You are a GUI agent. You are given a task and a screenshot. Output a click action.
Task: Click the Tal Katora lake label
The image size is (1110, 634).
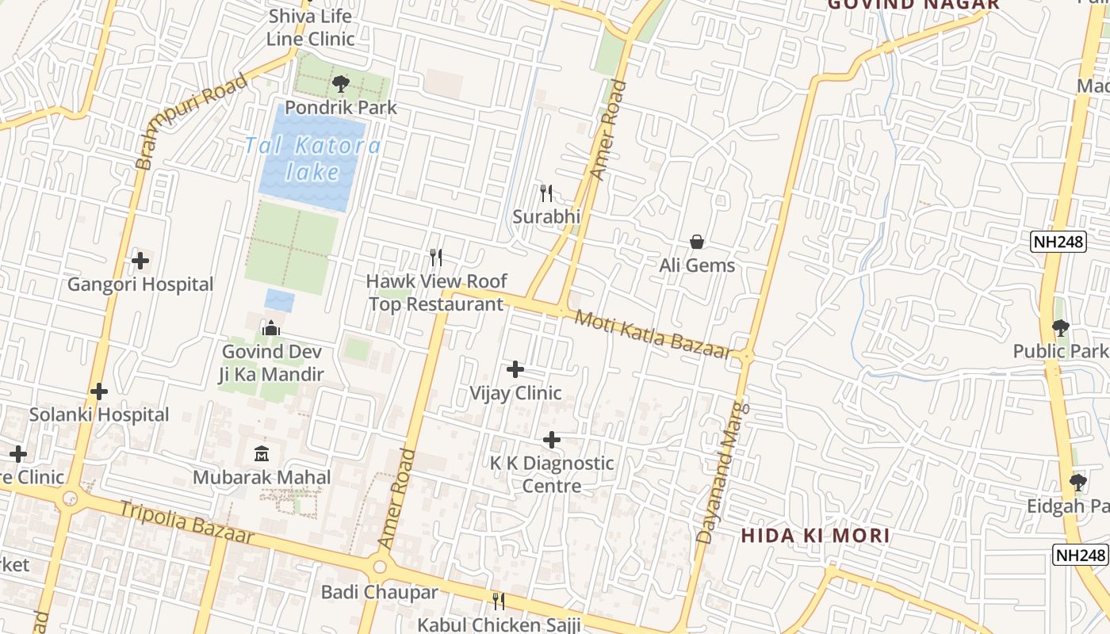[312, 158]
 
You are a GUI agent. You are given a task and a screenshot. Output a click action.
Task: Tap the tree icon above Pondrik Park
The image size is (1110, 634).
[341, 83]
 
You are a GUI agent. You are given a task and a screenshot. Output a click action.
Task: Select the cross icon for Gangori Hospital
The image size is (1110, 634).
[140, 260]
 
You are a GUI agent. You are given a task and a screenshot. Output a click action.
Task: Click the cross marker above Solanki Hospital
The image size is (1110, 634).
[99, 391]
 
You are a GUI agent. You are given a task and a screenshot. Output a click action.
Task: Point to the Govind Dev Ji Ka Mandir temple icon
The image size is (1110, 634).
[271, 327]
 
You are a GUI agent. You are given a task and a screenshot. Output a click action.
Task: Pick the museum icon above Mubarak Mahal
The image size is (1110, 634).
[262, 454]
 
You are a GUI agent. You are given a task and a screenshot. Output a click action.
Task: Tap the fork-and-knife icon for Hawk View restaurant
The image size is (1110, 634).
[435, 258]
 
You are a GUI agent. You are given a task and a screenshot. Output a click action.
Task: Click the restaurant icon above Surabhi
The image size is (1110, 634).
[546, 193]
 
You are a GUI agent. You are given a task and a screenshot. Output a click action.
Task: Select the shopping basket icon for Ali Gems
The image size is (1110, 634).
[697, 242]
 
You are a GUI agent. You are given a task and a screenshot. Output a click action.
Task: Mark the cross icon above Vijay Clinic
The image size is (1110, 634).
[515, 369]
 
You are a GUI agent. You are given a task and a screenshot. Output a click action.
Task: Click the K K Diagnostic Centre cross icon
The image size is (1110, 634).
[552, 440]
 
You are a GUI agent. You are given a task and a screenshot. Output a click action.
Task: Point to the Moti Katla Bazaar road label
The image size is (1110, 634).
[652, 334]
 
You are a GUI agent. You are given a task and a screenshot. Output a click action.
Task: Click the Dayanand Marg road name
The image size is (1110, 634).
[722, 472]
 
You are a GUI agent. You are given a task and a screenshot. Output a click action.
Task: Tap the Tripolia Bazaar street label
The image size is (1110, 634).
[187, 521]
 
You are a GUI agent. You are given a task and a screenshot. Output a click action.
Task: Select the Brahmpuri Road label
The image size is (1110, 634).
[190, 121]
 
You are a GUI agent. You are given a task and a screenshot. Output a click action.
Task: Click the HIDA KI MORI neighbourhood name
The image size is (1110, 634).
[815, 536]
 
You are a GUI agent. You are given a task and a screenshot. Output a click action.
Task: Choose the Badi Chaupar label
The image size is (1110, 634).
[379, 592]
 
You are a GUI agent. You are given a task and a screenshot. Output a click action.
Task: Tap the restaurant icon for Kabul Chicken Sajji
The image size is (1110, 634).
[499, 602]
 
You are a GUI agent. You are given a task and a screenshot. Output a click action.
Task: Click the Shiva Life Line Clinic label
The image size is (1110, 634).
[310, 27]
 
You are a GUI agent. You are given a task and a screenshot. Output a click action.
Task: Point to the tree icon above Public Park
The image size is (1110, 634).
[1060, 327]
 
